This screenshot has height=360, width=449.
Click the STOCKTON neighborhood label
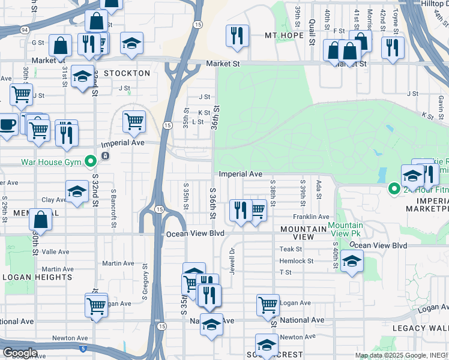pyautogui.click(x=127, y=73)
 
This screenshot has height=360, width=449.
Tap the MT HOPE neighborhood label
pyautogui.click(x=285, y=36)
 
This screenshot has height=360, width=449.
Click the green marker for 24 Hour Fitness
pyautogui.click(x=394, y=189)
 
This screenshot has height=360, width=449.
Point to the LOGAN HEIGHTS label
pyautogui.click(x=37, y=277)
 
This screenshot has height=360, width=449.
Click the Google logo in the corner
pyautogui.click(x=20, y=352)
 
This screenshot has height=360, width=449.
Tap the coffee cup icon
pyautogui.click(x=7, y=125)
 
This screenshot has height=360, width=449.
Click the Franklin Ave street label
pyautogui.click(x=311, y=217)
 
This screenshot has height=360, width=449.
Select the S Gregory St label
pyautogui.click(x=144, y=283)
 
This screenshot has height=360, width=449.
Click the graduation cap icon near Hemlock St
pyautogui.click(x=352, y=261)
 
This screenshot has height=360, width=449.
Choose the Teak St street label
pyautogui.click(x=291, y=249)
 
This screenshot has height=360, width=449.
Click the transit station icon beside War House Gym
pyautogui.click(x=105, y=156)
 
